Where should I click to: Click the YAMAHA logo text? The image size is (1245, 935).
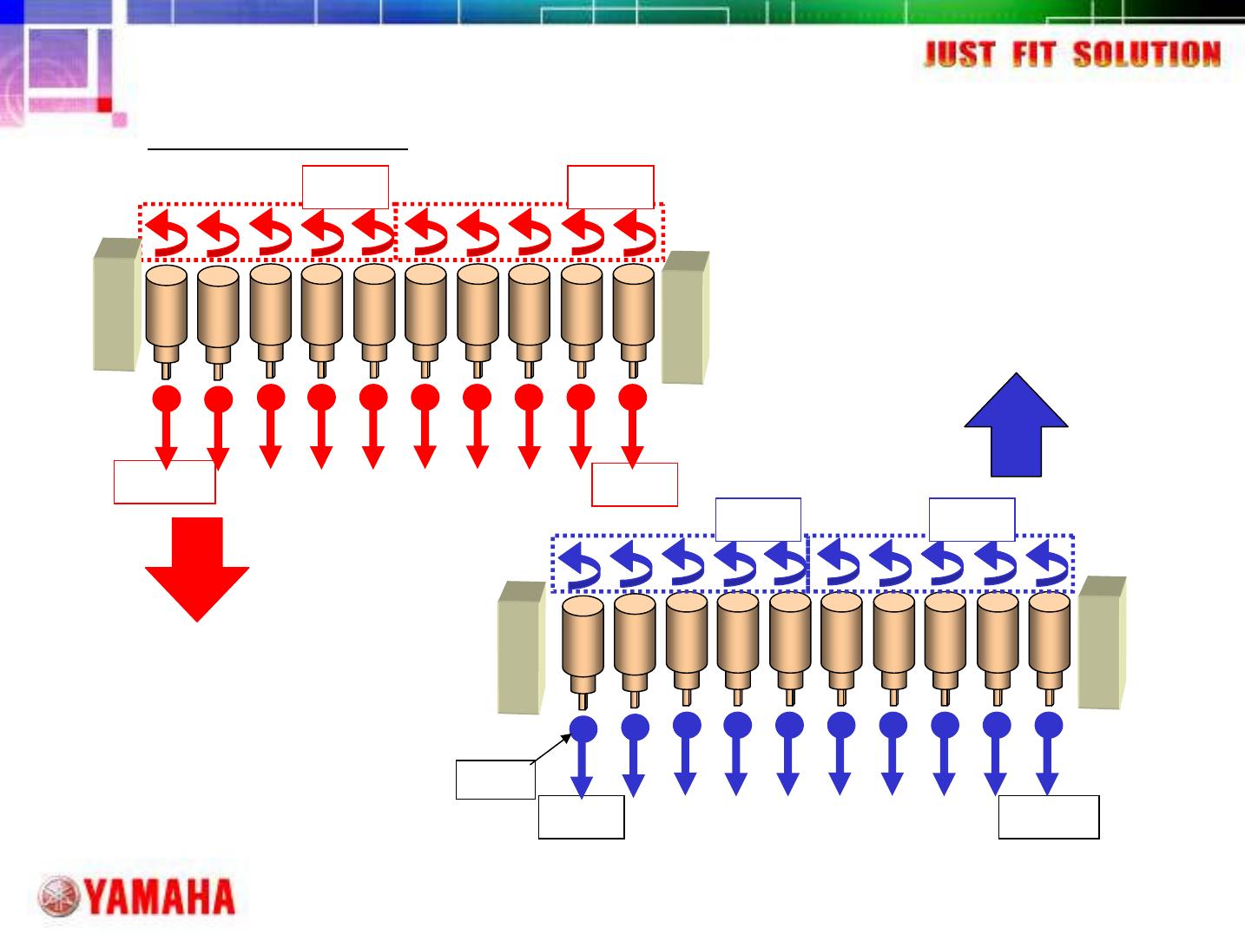coord(161,897)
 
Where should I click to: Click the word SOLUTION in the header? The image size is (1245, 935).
coord(1147,55)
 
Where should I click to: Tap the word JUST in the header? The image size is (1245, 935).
coord(958,55)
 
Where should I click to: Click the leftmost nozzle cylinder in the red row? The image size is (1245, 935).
coord(166,313)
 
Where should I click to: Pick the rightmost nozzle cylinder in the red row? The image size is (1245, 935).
coord(634,313)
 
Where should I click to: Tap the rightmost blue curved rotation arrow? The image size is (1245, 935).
coord(1048,563)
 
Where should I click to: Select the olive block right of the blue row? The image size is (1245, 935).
coord(1102,642)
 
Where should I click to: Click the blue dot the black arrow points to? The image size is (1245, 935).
coord(583,728)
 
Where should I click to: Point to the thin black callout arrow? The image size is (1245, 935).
coord(551,748)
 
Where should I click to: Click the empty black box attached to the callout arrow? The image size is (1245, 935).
coord(495,779)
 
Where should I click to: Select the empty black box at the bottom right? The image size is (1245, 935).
coord(1048,816)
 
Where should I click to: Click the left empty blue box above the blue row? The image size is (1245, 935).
coord(758,519)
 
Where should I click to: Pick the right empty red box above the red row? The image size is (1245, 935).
coord(609,187)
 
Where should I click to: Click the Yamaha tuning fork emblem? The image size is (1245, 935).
coord(60,898)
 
